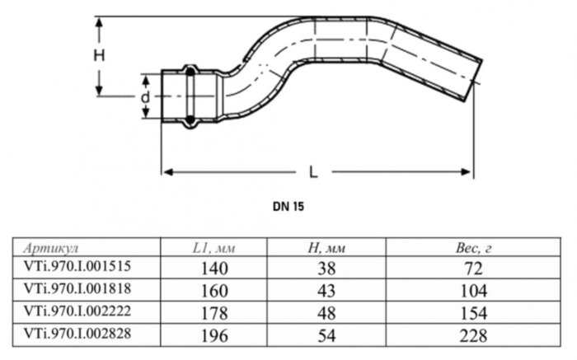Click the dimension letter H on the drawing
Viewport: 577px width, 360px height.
[99, 56]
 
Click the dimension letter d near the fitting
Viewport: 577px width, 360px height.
[144, 96]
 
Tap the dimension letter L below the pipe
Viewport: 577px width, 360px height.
[313, 173]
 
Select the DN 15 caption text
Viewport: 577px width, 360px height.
[288, 208]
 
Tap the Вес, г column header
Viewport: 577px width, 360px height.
[473, 248]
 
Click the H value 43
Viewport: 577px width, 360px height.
[329, 291]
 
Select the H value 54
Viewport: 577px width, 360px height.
[329, 336]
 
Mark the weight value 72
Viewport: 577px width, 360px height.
[473, 268]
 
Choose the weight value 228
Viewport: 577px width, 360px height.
[473, 336]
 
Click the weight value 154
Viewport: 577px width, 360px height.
[473, 313]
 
